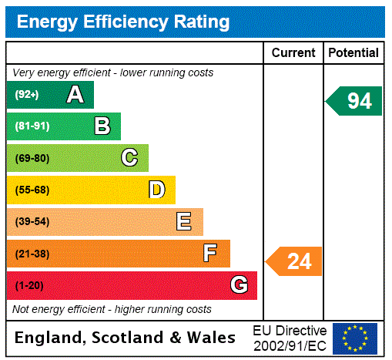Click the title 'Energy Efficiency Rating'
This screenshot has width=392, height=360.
tap(123, 22)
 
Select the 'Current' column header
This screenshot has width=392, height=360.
tap(293, 53)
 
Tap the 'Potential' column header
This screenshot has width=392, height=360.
tap(353, 53)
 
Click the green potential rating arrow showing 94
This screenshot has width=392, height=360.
tap(355, 101)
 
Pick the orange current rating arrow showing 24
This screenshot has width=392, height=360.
tap(295, 261)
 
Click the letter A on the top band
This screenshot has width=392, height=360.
tap(75, 95)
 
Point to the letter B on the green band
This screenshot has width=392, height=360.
tap(102, 126)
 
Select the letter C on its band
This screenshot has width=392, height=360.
tap(129, 158)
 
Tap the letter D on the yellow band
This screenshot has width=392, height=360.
tap(156, 190)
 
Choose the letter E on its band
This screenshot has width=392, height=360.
tap(184, 222)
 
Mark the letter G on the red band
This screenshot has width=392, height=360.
tap(239, 285)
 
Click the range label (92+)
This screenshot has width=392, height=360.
tap(27, 95)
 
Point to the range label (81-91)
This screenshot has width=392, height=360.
tap(32, 126)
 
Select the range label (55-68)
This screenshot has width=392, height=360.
tap(32, 190)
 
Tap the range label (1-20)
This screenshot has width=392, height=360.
tap(29, 286)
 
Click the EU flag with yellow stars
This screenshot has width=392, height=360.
tap(355, 338)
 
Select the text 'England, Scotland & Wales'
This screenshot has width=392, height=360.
tap(126, 338)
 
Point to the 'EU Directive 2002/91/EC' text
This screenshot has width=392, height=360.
tap(290, 338)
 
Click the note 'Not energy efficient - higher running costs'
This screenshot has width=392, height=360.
tap(112, 309)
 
